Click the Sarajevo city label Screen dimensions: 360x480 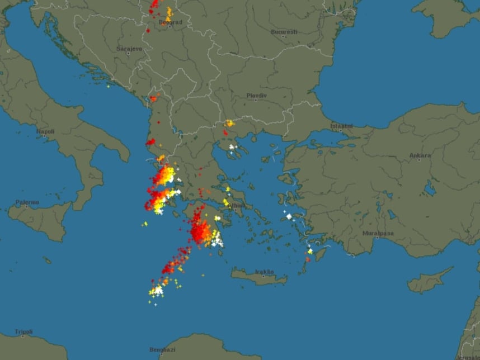click(x=129, y=49)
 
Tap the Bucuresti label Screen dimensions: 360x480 click(x=284, y=32)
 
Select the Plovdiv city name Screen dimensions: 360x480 click(x=257, y=95)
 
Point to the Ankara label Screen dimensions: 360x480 click(x=420, y=155)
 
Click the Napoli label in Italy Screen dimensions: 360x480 click(x=45, y=132)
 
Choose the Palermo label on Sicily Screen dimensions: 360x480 click(x=27, y=202)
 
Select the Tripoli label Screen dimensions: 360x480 click(x=23, y=331)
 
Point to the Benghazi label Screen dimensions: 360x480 click(x=162, y=349)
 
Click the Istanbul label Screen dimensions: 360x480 click(x=341, y=126)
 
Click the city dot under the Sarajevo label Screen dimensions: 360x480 click(x=128, y=54)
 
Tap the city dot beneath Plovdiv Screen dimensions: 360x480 click(x=256, y=100)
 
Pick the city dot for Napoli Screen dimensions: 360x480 click(x=45, y=137)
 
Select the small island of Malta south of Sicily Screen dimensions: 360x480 click(x=48, y=260)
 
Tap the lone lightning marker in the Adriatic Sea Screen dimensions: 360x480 click(x=108, y=86)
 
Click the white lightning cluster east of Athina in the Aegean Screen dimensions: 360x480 click(x=289, y=216)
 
